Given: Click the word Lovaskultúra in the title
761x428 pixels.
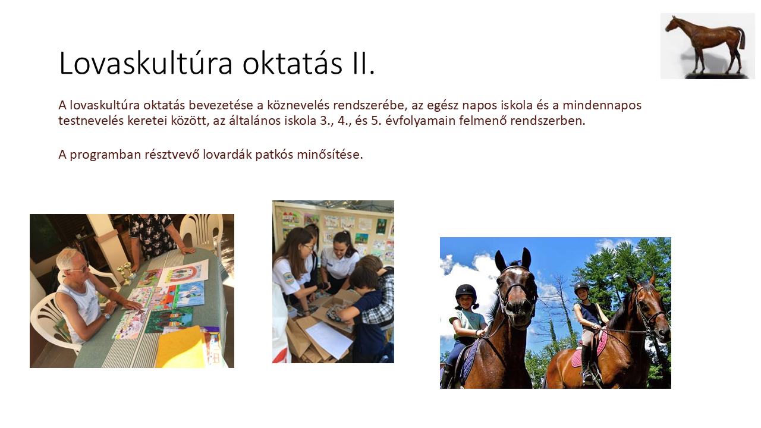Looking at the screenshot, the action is point(146,63).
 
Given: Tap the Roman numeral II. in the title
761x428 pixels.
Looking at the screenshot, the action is point(363,63).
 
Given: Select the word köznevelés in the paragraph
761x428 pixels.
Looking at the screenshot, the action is point(298,105).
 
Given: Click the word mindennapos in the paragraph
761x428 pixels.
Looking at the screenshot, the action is point(602,105).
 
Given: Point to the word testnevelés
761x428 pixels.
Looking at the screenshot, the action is point(91,121).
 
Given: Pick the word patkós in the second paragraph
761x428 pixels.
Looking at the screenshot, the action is point(274,155).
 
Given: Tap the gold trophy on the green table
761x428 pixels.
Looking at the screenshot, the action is point(125,274).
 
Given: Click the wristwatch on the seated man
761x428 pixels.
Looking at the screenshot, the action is point(108,317).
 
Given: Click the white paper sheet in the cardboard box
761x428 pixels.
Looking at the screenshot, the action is point(329,339).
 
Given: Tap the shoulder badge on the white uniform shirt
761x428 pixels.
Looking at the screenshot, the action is point(289,277).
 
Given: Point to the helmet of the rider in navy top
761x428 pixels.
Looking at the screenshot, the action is point(581,287).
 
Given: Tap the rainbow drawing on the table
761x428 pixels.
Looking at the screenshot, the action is point(184,273).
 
